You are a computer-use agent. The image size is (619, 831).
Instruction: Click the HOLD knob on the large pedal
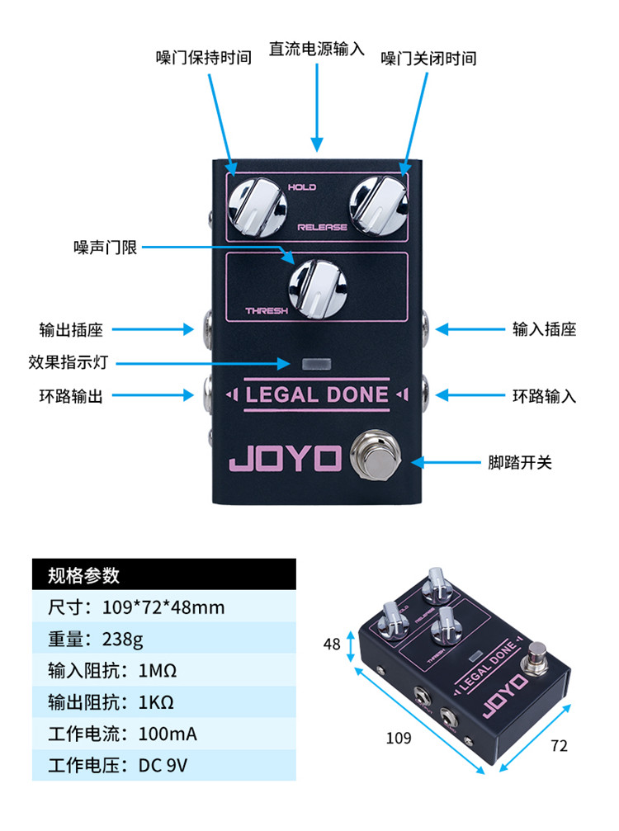(258, 207)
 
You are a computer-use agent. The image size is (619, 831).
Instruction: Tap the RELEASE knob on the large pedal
(378, 205)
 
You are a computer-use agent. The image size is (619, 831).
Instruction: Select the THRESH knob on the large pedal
(318, 289)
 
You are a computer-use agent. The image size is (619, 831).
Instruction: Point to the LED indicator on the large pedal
(316, 364)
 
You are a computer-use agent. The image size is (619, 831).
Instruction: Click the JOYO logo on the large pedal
(285, 459)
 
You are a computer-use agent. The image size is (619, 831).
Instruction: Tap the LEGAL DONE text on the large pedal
(317, 394)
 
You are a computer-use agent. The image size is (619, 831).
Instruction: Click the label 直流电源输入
(316, 50)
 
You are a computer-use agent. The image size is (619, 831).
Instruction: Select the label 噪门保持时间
(204, 57)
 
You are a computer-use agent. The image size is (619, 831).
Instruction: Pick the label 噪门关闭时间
(428, 59)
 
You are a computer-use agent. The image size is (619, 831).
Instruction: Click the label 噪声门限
(105, 247)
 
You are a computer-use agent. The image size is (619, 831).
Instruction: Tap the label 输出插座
(71, 329)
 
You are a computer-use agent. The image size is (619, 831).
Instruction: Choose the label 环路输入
(544, 396)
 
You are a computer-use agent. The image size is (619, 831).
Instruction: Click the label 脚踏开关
(519, 463)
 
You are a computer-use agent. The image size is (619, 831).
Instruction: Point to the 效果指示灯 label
(69, 362)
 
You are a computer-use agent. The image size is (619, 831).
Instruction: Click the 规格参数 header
(83, 575)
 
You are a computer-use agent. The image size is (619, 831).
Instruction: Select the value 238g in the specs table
(122, 640)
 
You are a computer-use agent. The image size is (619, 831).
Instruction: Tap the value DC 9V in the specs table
(163, 766)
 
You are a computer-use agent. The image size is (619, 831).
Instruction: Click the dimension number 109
(399, 738)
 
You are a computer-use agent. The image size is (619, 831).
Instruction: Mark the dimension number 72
(559, 746)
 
